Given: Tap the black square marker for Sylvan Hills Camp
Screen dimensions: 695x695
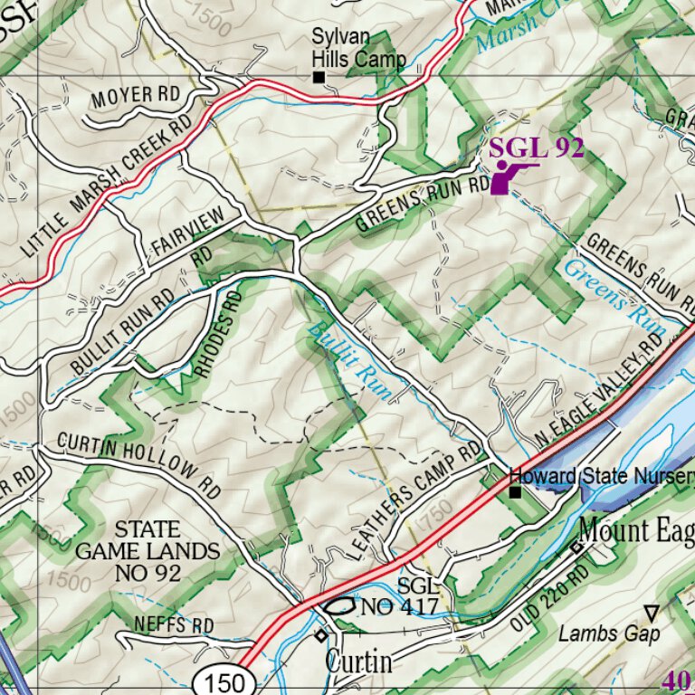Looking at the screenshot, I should click(319, 78).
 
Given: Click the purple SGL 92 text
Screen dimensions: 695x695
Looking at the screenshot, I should click(536, 148).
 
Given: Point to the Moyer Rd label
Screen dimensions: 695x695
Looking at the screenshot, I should click(135, 94).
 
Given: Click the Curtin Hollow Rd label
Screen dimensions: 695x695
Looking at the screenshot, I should click(138, 464).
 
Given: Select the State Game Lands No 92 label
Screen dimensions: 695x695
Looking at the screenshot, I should click(147, 550).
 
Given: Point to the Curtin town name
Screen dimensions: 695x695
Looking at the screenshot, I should click(359, 661).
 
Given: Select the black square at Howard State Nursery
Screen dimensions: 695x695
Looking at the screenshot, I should click(514, 492).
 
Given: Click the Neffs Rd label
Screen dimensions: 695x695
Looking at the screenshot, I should click(174, 625).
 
